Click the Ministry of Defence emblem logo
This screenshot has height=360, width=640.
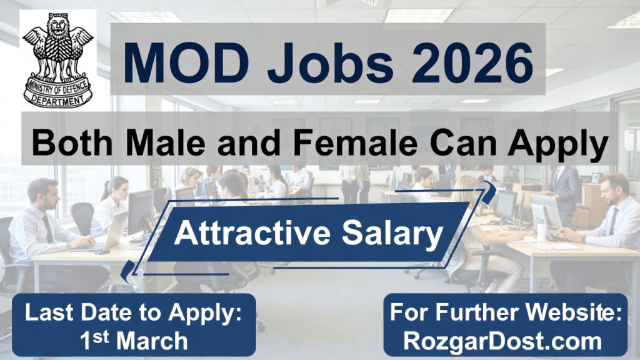pyautogui.click(x=58, y=60)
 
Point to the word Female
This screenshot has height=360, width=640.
pyautogui.click(x=355, y=143)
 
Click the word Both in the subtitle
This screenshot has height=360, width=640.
pyautogui.click(x=72, y=143)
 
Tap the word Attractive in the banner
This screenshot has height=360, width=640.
pyautogui.click(x=252, y=233)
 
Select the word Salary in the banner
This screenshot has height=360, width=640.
pyautogui.click(x=392, y=235)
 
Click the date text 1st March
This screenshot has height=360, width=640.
pyautogui.click(x=134, y=341)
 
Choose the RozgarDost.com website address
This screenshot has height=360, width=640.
pyautogui.click(x=503, y=341)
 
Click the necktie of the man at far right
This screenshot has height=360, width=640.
pyautogui.click(x=613, y=221)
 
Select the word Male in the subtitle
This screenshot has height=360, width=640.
pyautogui.click(x=165, y=143)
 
